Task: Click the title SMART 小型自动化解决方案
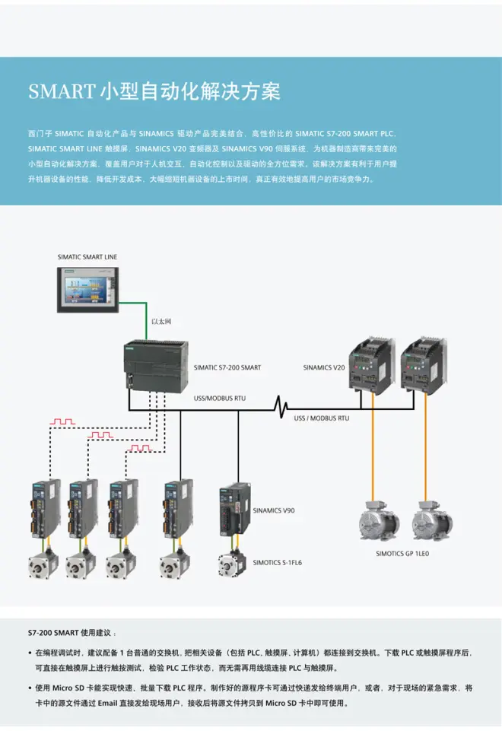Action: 154,92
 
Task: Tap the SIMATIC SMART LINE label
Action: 87,257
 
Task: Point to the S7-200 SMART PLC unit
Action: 154,365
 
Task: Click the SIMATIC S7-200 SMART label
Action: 227,367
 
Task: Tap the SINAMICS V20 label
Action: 324,367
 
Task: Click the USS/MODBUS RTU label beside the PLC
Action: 220,398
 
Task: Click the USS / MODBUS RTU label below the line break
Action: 322,418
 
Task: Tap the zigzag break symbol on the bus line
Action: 283,407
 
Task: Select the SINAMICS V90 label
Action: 273,510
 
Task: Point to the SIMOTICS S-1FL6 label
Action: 278,563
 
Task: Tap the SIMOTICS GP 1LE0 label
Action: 402,555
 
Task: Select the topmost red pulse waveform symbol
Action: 62,420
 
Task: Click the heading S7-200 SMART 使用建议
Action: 72,633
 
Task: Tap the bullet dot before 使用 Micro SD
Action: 29,688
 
